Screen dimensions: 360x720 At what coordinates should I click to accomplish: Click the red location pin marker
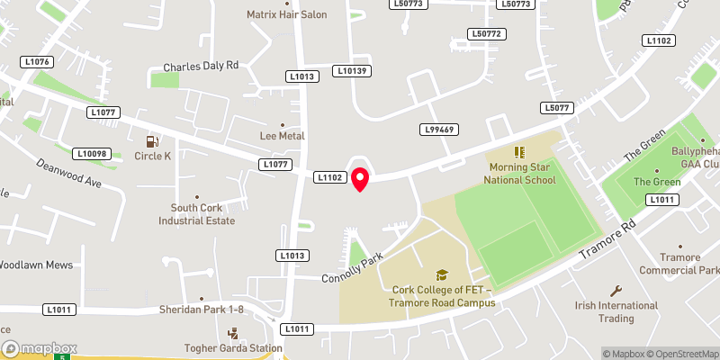coord(360,179)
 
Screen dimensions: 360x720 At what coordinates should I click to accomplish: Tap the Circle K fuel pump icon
coord(152,140)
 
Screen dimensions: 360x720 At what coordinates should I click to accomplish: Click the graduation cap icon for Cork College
coord(442,274)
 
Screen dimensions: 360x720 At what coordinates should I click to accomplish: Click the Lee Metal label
coord(282,136)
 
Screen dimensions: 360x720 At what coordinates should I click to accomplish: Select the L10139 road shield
coord(351,70)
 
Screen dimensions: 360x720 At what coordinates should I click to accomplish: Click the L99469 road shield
coord(440,130)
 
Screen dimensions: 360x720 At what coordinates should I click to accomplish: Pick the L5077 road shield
coord(557,108)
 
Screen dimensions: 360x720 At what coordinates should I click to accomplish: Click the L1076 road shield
coord(38,61)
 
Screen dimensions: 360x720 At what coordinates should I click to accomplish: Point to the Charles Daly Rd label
coord(201,67)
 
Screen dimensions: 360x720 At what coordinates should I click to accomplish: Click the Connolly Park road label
coord(353,268)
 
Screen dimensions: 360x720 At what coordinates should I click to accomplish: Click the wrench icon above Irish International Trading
coord(616,291)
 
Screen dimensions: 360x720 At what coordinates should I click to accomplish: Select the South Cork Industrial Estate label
coord(196,214)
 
